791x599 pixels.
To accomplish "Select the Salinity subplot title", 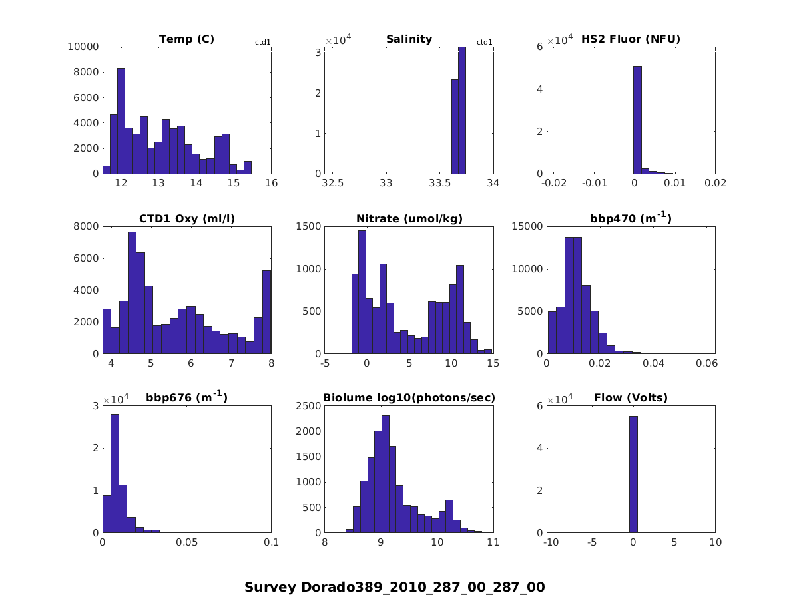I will (409, 39).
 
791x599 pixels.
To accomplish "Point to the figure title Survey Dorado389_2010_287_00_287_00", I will (394, 587).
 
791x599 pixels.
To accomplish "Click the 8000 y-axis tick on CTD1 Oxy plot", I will (88, 226).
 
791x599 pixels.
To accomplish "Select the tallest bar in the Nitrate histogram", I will (362, 292).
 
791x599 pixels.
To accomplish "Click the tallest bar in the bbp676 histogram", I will (115, 473).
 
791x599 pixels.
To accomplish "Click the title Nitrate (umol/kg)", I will (409, 218).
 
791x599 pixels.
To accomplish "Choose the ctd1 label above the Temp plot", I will (262, 43).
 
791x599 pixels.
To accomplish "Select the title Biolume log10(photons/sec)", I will (409, 398).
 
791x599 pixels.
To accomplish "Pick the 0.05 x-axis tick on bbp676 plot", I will (187, 543).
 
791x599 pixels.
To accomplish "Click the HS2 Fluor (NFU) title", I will (631, 39).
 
